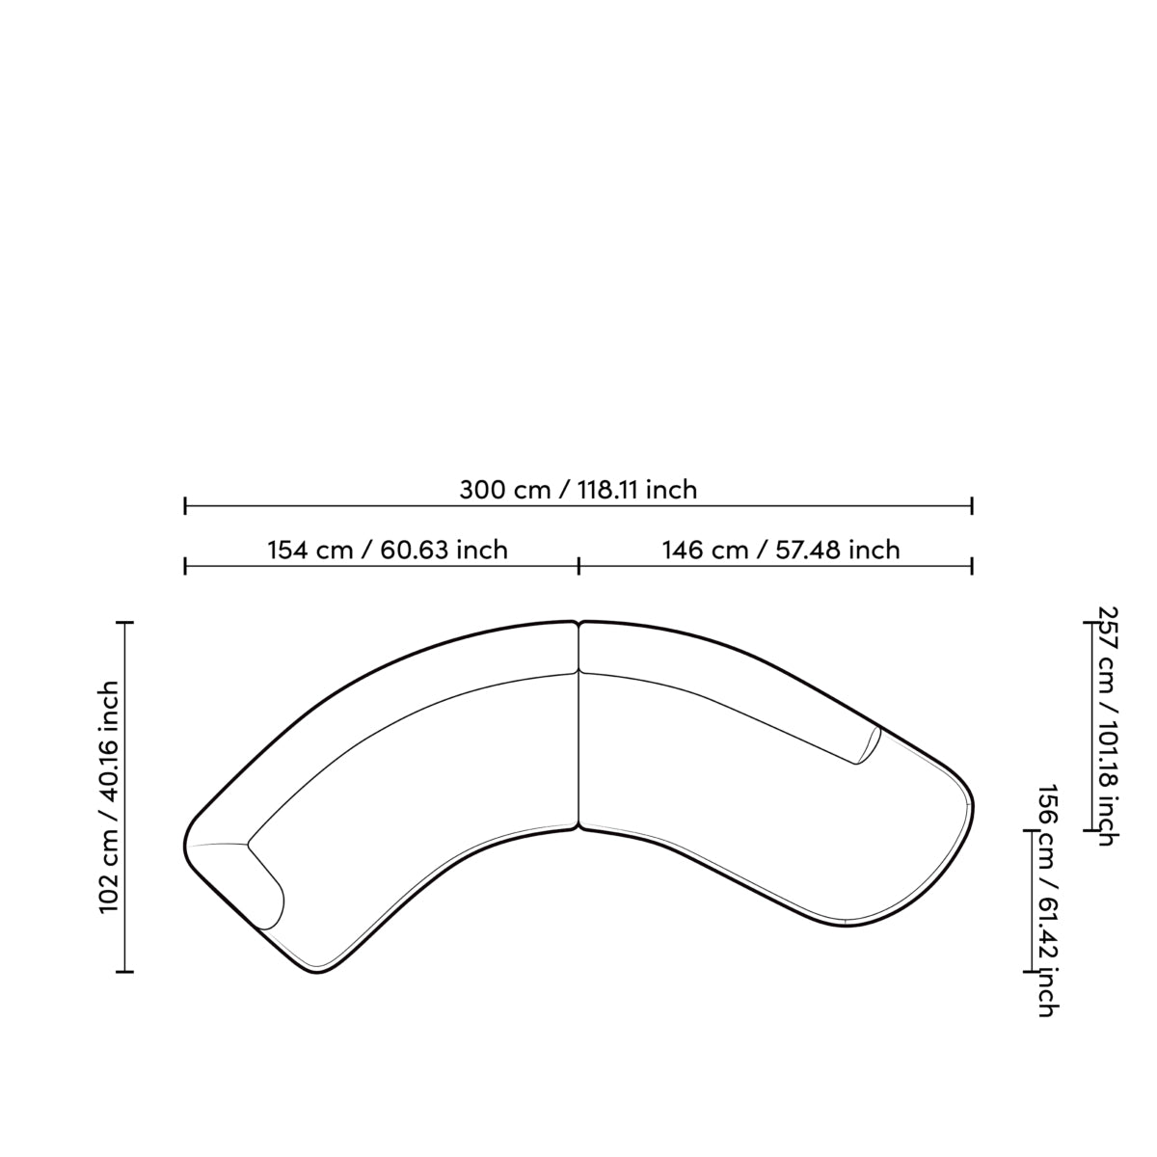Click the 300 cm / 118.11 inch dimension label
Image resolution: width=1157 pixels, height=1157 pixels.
(578, 490)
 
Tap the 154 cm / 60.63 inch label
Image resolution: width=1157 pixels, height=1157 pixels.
(388, 550)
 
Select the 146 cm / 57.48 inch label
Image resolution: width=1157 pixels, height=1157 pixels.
(781, 550)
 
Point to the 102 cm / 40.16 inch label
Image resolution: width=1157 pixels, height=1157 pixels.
(111, 797)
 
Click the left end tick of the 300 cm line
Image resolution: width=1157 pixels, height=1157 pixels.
(185, 505)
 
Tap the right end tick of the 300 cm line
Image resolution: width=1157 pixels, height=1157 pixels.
(972, 505)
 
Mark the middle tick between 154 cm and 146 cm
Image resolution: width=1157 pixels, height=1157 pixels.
(578, 566)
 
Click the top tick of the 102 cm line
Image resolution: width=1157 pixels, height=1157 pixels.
(125, 623)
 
